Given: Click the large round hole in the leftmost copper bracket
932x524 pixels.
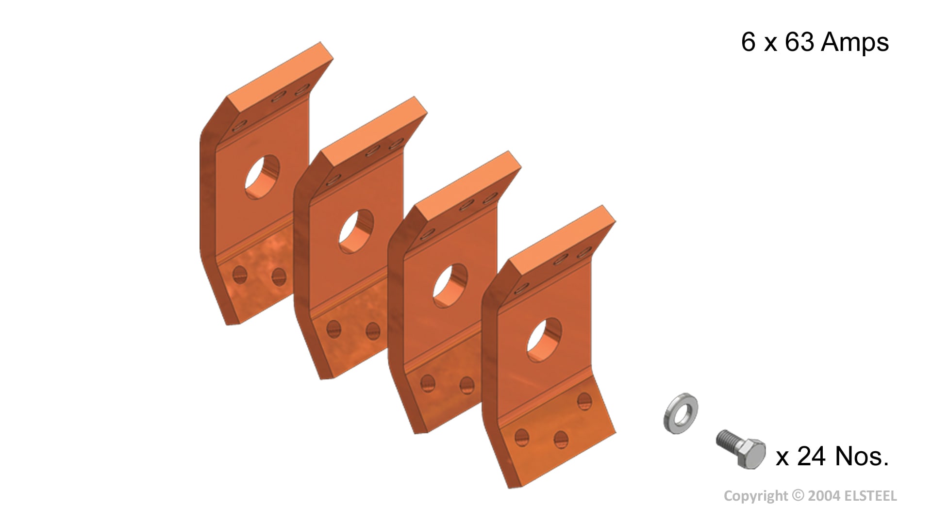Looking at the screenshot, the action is point(262,177).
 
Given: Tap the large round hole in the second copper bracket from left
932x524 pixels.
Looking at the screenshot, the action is point(356,231).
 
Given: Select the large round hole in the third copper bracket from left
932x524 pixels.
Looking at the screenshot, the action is point(450,285).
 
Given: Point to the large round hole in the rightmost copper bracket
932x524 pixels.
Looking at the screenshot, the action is point(545,340).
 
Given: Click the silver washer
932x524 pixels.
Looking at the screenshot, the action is point(681,413).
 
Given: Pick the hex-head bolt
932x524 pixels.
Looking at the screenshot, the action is point(741,448).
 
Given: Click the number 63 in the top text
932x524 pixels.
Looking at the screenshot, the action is point(799,42).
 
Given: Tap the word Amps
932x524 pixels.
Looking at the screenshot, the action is point(855,42).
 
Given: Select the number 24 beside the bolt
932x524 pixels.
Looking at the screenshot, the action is point(811,456).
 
